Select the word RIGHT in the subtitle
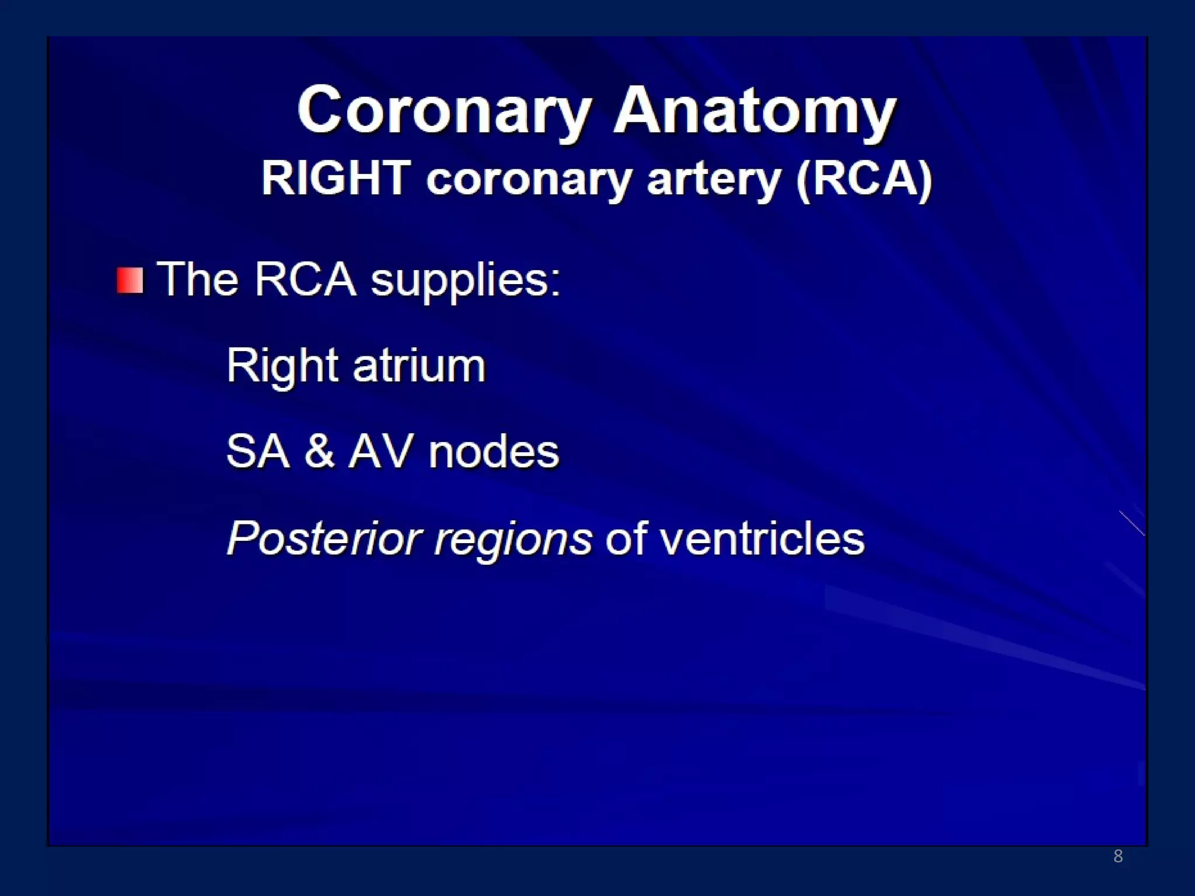pos(336,178)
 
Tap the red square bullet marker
pos(130,281)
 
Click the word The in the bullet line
pos(198,279)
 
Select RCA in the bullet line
pos(305,279)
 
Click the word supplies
pos(466,282)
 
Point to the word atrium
pos(419,366)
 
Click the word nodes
pos(494,452)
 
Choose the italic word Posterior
pos(324,538)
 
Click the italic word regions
pos(513,540)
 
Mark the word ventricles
pos(762,538)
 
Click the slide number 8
pos(1118,856)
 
